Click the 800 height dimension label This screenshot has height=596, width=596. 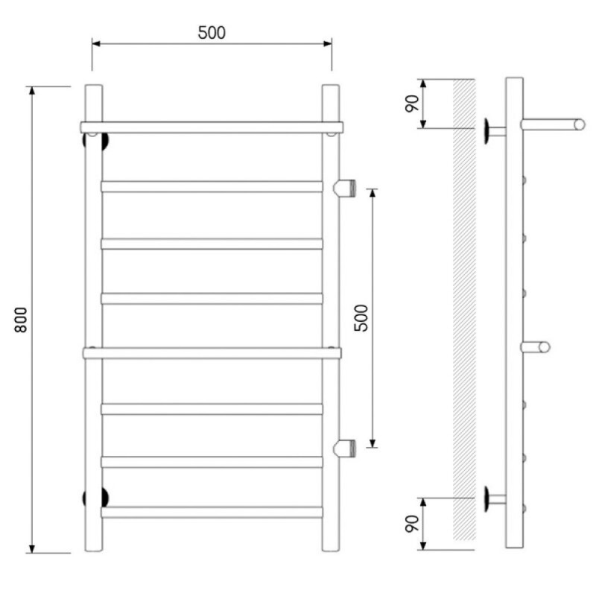tap(22, 320)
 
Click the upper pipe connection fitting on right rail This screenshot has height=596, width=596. tap(344, 188)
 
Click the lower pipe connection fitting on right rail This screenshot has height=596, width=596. tap(344, 448)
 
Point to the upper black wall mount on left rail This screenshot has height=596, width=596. tap(96, 141)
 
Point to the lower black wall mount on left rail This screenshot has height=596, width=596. tap(96, 498)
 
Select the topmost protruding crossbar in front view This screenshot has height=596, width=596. tap(212, 127)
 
